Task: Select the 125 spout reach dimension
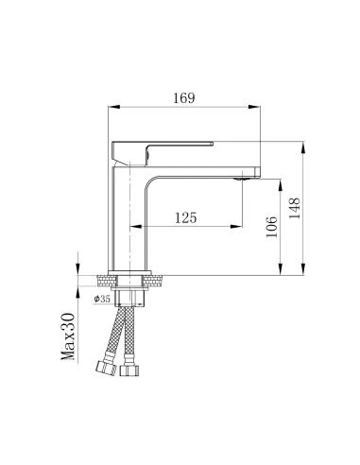[186, 218]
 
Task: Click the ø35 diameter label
[103, 299]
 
